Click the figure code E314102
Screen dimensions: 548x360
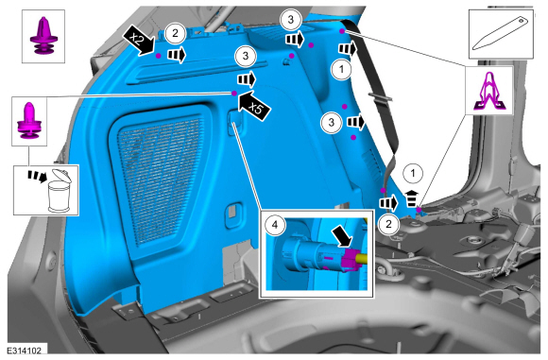click(x=25, y=351)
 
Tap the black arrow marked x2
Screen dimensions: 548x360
click(x=138, y=41)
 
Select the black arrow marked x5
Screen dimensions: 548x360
click(x=254, y=106)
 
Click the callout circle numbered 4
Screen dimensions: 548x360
click(x=275, y=225)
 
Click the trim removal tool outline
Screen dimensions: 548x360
click(x=501, y=34)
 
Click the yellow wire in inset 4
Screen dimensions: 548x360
click(x=362, y=259)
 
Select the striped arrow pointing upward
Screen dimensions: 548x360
click(x=412, y=198)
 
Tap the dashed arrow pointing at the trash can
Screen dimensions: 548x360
click(x=38, y=176)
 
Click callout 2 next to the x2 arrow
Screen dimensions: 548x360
click(x=175, y=33)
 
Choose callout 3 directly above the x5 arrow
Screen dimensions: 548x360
click(x=246, y=56)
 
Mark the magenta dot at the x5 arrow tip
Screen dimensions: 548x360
click(x=234, y=93)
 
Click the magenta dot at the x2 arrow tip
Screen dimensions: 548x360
click(x=159, y=56)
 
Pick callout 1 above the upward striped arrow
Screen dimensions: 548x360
click(x=413, y=173)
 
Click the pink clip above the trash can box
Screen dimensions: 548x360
click(x=29, y=120)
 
